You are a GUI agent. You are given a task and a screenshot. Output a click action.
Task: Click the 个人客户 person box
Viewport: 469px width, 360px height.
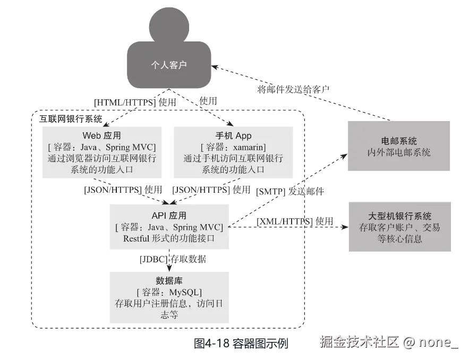coord(169,65)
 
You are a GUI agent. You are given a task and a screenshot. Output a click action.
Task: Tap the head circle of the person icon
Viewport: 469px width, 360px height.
coord(169,23)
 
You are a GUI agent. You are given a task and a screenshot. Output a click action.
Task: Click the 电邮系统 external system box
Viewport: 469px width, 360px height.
coord(399,146)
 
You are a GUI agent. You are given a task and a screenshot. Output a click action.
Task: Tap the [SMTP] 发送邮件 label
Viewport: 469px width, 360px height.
coord(290,191)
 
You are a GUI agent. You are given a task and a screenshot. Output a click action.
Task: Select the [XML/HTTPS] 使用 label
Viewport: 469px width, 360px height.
coord(295,221)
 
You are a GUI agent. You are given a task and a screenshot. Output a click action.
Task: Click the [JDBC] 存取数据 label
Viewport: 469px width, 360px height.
coord(173,260)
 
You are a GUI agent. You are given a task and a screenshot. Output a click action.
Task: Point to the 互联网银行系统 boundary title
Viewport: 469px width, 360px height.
coord(71,118)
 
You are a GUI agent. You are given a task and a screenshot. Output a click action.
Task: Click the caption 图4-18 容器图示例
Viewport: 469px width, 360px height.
coord(240,344)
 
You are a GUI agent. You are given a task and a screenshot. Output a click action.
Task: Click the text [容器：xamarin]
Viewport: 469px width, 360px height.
coord(233,147)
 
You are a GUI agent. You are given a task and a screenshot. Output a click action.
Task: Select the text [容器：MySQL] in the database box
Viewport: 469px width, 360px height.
coord(169,292)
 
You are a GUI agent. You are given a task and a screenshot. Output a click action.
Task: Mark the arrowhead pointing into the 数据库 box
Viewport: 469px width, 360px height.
coord(169,269)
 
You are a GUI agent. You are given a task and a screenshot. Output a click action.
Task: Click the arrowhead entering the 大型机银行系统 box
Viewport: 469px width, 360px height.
coord(344,227)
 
